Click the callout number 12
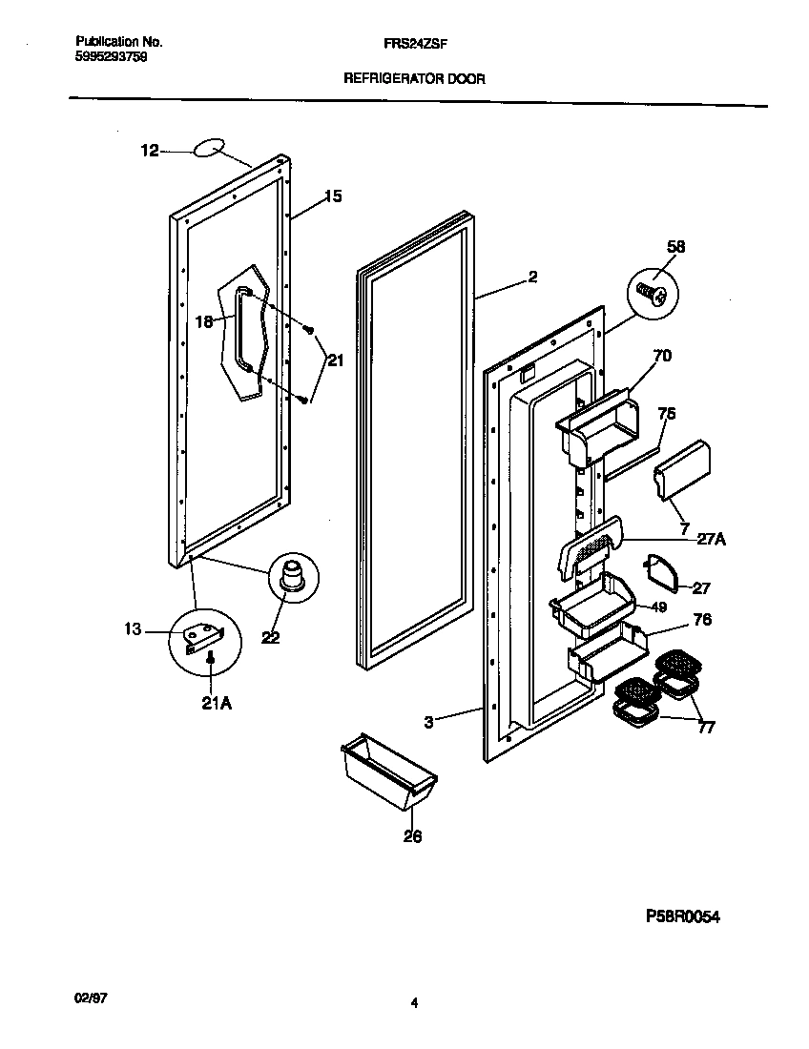(x=150, y=150)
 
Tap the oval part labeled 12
(x=210, y=148)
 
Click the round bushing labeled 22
(x=290, y=578)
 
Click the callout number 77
(x=706, y=729)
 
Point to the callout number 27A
(x=711, y=538)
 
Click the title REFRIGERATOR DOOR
(x=414, y=80)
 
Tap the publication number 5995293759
(x=111, y=56)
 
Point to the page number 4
(x=414, y=1002)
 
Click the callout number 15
(x=332, y=197)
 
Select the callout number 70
(x=661, y=357)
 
